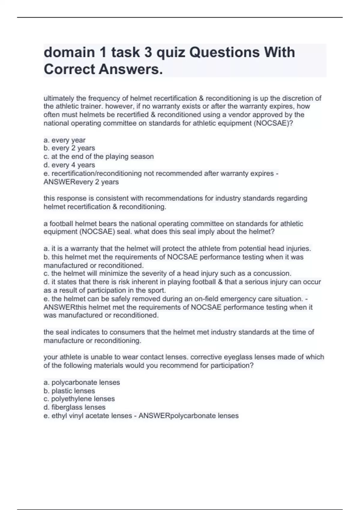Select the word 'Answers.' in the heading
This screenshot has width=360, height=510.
[x=131, y=69]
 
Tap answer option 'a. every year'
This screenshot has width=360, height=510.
[x=64, y=140]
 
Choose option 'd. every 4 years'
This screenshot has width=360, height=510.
[x=69, y=165]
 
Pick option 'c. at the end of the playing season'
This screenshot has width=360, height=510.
[x=99, y=157]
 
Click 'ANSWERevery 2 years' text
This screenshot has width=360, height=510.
[x=81, y=182]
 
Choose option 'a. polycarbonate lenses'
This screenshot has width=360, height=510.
[x=82, y=382]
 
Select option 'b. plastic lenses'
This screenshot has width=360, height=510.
[x=69, y=391]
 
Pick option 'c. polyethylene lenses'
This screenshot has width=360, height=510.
[x=79, y=399]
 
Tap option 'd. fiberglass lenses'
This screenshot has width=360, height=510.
[x=75, y=407]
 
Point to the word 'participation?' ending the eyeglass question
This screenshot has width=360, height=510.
[x=232, y=366]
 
